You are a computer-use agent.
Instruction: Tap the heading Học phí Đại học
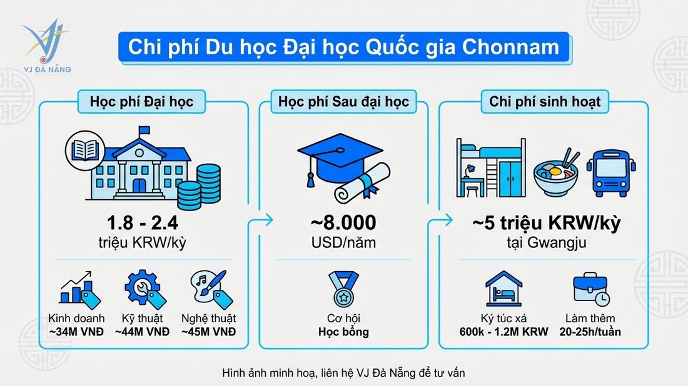coord(141,101)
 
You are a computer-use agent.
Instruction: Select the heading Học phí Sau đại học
coord(341,101)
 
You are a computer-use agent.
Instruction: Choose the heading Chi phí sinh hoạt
coord(545,101)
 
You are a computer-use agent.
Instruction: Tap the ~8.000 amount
coord(341,223)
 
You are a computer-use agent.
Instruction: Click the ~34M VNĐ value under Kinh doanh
coord(76,332)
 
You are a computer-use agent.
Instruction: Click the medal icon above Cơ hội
coord(341,291)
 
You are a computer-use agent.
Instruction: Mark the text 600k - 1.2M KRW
coord(503,332)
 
